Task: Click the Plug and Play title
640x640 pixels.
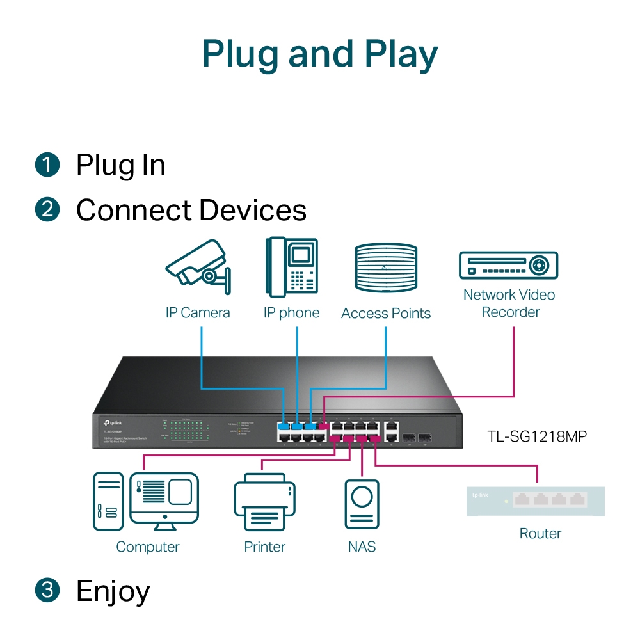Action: pos(320,54)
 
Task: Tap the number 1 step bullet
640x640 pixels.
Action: pos(47,165)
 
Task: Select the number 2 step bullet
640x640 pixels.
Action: pos(47,210)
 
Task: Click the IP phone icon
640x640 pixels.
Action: pos(292,268)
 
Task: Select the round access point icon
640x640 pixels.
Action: pos(386,268)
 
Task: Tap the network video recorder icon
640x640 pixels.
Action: pos(509,265)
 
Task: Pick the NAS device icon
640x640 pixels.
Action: pos(362,506)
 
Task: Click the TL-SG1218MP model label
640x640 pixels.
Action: pos(537,437)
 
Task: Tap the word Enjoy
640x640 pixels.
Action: pos(113,591)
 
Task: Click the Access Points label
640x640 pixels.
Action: pos(386,314)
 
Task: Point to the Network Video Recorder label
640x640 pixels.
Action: pos(509,303)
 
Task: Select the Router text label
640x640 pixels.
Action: pos(540,534)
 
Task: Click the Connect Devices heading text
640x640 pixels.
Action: pos(191,210)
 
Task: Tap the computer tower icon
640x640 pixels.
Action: pos(108,501)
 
